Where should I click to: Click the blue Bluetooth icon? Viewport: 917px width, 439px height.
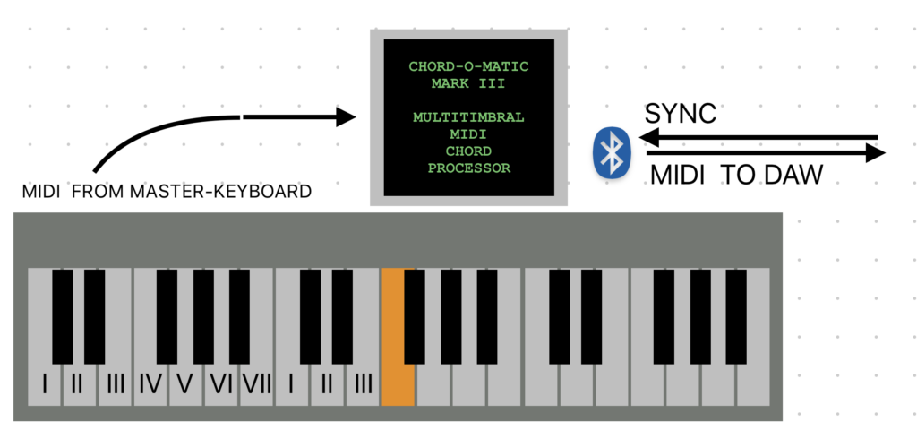click(613, 152)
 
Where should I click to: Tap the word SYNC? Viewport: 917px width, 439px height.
click(681, 115)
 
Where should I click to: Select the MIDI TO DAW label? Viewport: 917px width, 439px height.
click(736, 175)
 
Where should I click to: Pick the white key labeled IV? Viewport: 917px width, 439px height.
click(150, 384)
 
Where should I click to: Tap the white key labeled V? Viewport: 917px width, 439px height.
click(185, 384)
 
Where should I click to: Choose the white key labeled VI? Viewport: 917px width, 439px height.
click(220, 384)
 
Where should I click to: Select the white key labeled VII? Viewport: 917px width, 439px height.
click(256, 384)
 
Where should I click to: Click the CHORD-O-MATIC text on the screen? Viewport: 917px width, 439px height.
click(468, 66)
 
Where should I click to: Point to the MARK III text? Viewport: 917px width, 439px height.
click(468, 83)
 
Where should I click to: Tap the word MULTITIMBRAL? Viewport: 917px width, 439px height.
click(468, 117)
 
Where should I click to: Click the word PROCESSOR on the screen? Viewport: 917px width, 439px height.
click(468, 168)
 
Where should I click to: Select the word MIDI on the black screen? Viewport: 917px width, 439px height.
click(468, 134)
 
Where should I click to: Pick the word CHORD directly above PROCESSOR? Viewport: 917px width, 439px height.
click(468, 151)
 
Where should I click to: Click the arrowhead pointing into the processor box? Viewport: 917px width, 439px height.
click(347, 116)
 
